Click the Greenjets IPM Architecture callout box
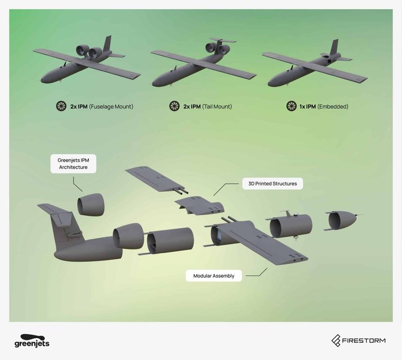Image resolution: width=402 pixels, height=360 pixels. pyautogui.click(x=73, y=164)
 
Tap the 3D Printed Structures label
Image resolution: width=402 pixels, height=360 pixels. pyautogui.click(x=273, y=184)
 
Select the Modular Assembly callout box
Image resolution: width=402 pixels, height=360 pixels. pyautogui.click(x=213, y=276)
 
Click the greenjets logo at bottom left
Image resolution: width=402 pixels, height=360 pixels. pyautogui.click(x=32, y=341)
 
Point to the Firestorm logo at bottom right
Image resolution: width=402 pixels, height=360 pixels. pyautogui.click(x=359, y=341)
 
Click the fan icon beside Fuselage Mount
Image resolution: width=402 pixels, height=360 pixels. pyautogui.click(x=61, y=106)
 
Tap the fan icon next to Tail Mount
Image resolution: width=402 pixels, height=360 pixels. pyautogui.click(x=174, y=106)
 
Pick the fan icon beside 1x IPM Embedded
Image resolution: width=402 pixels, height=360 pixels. pyautogui.click(x=292, y=106)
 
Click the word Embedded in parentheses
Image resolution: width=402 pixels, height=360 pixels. pyautogui.click(x=333, y=107)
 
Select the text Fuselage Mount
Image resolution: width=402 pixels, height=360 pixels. pyautogui.click(x=111, y=107)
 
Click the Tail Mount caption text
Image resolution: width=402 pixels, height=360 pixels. pyautogui.click(x=217, y=107)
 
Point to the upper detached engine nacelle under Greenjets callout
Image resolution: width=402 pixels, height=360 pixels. pyautogui.click(x=91, y=204)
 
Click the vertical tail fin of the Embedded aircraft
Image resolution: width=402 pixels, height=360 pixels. pyautogui.click(x=335, y=47)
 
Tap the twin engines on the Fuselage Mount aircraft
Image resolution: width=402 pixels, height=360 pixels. pyautogui.click(x=89, y=51)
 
